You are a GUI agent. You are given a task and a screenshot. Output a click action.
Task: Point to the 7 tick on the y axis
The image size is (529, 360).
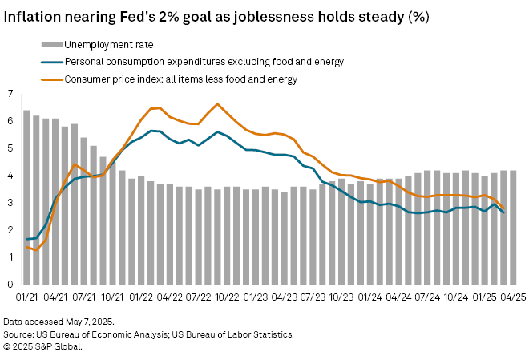tap(10, 95)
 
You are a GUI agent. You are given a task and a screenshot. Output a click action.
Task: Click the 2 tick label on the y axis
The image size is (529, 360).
tap(10, 230)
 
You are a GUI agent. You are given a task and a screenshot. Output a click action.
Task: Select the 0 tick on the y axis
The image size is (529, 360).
tap(10, 285)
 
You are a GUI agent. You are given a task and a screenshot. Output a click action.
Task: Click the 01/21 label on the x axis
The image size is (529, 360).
tap(27, 297)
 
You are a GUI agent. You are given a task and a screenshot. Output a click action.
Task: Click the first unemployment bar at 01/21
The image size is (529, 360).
tap(26, 197)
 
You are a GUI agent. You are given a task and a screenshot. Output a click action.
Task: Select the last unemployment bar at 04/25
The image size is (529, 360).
tap(512, 228)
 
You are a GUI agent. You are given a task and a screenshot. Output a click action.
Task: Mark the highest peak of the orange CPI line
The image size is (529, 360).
tap(217, 104)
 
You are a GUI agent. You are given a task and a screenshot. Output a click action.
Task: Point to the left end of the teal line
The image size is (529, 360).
tap(26, 239)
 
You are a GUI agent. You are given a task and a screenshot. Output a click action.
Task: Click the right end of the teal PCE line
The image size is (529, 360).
tap(503, 212)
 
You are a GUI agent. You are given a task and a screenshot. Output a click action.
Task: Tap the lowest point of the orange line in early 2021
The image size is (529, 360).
tap(36, 250)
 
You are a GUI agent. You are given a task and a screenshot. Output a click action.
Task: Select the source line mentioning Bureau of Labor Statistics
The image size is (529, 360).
tap(149, 333)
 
